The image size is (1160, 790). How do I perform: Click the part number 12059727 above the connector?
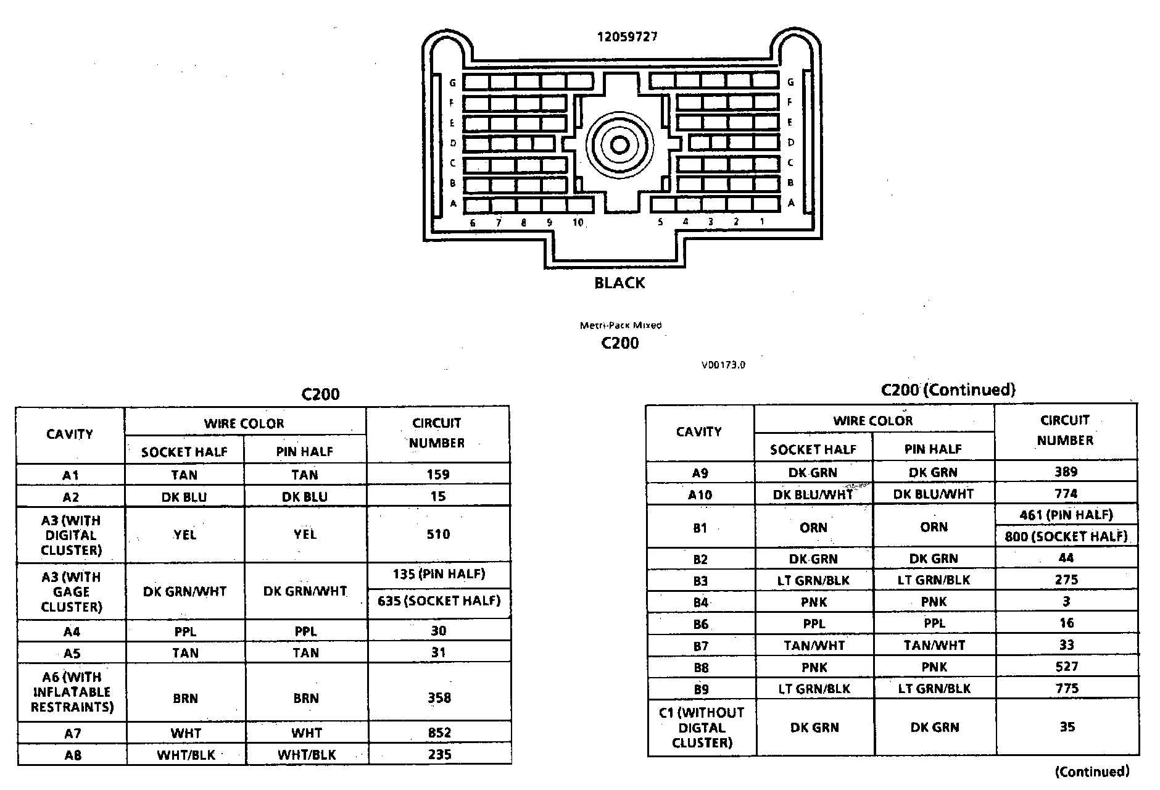click(x=627, y=36)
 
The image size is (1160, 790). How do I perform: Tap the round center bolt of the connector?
click(x=619, y=145)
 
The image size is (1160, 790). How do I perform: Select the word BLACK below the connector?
click(x=619, y=283)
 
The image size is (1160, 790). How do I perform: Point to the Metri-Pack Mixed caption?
click(x=620, y=325)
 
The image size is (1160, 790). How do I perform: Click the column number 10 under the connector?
click(x=578, y=223)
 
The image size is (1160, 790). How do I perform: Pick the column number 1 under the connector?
click(x=762, y=222)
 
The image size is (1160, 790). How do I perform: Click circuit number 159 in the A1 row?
click(x=438, y=475)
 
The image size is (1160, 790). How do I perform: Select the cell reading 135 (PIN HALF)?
click(x=439, y=574)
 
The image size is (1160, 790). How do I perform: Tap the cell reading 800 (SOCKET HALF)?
click(x=1066, y=536)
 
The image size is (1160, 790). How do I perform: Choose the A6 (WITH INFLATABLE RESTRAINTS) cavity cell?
click(x=72, y=692)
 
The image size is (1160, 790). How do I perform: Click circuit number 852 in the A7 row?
click(x=439, y=733)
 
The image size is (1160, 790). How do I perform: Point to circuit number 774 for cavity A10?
click(x=1066, y=494)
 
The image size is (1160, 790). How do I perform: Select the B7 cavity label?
click(x=700, y=646)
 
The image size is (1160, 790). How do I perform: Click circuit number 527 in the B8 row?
click(x=1066, y=667)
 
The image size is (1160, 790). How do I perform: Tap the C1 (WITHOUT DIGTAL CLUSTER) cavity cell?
click(x=701, y=728)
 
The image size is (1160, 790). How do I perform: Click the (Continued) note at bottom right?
click(x=1092, y=771)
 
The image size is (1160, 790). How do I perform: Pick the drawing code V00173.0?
click(x=723, y=365)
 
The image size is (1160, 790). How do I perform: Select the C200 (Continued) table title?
click(x=948, y=390)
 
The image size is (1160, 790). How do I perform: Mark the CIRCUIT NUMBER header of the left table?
click(x=437, y=433)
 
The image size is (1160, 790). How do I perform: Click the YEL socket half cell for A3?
click(x=184, y=534)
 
